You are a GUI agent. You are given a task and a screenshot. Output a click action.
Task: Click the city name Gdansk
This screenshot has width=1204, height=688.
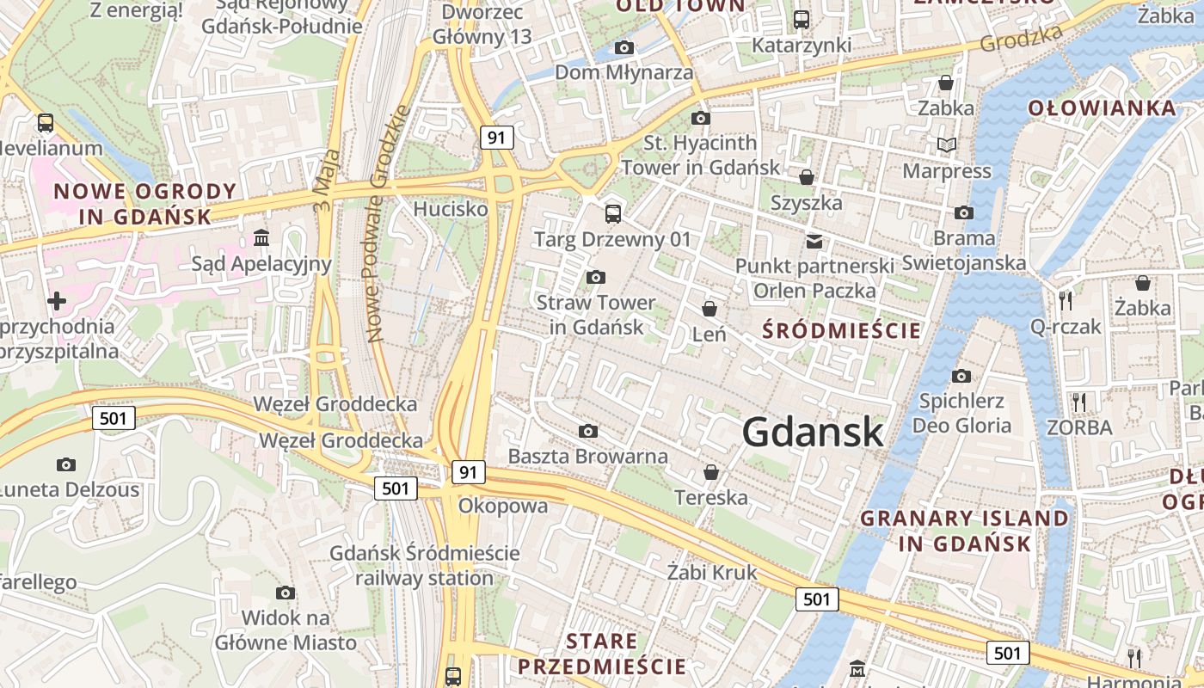pyautogui.click(x=813, y=432)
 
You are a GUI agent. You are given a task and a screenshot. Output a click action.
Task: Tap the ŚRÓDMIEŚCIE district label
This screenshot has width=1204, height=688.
pyautogui.click(x=842, y=330)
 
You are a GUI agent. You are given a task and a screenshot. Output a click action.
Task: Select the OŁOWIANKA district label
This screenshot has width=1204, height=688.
pyautogui.click(x=1102, y=107)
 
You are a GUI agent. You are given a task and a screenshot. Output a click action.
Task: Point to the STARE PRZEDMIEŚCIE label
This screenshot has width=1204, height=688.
pyautogui.click(x=602, y=654)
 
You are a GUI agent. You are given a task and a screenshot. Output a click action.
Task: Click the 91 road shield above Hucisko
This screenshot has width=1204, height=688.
pyautogui.click(x=496, y=137)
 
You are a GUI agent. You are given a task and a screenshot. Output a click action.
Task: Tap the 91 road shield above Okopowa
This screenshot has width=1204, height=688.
pyautogui.click(x=467, y=471)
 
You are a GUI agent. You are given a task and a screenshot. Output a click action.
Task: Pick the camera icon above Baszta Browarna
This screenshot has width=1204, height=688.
pyautogui.click(x=588, y=431)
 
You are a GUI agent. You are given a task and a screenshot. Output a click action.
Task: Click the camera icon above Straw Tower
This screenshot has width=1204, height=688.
pyautogui.click(x=595, y=277)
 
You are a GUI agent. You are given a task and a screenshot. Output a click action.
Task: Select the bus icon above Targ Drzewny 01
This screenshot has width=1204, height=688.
pyautogui.click(x=613, y=213)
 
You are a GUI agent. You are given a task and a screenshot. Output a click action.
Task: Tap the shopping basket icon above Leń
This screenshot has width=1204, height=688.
pyautogui.click(x=709, y=308)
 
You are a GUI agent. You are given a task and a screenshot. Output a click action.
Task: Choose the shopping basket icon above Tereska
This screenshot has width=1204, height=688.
pyautogui.click(x=711, y=472)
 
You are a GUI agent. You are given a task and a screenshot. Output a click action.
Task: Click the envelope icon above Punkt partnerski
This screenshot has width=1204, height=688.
pyautogui.click(x=814, y=241)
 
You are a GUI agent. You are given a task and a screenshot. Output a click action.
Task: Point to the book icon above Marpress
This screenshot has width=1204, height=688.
pyautogui.click(x=947, y=145)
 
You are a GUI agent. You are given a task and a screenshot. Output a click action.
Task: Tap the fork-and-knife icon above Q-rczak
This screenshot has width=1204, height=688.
pyautogui.click(x=1066, y=300)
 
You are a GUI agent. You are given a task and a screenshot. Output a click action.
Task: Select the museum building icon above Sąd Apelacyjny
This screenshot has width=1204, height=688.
pyautogui.click(x=261, y=236)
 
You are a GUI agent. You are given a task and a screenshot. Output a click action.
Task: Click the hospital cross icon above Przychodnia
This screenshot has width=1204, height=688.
pyautogui.click(x=57, y=301)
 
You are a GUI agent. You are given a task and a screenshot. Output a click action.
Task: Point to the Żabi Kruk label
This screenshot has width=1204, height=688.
pyautogui.click(x=713, y=572)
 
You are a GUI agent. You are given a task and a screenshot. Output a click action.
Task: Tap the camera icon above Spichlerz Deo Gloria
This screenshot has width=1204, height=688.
pyautogui.click(x=961, y=376)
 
